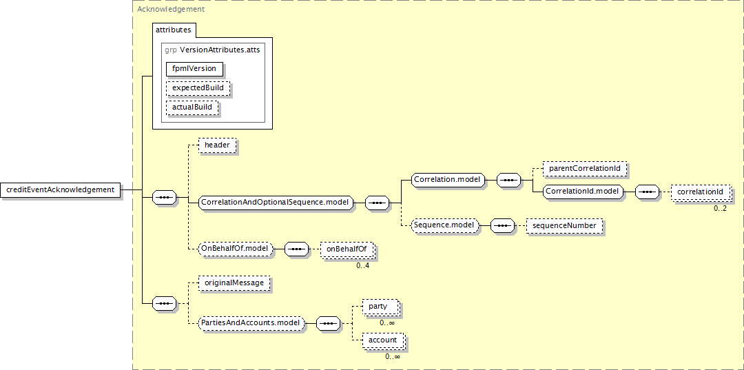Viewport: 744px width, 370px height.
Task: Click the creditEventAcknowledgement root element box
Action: tap(60, 189)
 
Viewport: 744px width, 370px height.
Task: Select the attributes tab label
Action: tap(174, 30)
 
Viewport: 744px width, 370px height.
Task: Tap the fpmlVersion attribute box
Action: tap(194, 68)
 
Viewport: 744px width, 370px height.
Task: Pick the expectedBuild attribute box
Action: tap(198, 88)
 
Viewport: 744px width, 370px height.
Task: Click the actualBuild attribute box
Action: tap(192, 107)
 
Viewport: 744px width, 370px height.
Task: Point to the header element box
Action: tap(217, 145)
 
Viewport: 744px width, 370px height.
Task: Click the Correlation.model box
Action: tap(446, 180)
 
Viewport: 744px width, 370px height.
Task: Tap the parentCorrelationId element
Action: tap(584, 168)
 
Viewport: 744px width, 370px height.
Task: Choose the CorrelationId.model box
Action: tap(583, 191)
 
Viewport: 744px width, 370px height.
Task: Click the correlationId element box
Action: tap(700, 192)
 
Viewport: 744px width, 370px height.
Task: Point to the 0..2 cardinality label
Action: tap(720, 207)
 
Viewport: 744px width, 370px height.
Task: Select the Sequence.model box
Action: tap(444, 225)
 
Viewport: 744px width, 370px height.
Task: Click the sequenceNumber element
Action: tap(564, 225)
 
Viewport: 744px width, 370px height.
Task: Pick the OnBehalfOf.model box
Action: tap(235, 248)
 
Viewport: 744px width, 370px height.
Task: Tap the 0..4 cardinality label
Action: tap(363, 265)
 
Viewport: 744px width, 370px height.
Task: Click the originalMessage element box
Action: tap(234, 282)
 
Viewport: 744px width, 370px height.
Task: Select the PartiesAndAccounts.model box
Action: tap(251, 322)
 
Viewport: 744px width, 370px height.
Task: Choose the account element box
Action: tap(382, 340)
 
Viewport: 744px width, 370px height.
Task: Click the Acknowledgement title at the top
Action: tap(171, 10)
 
